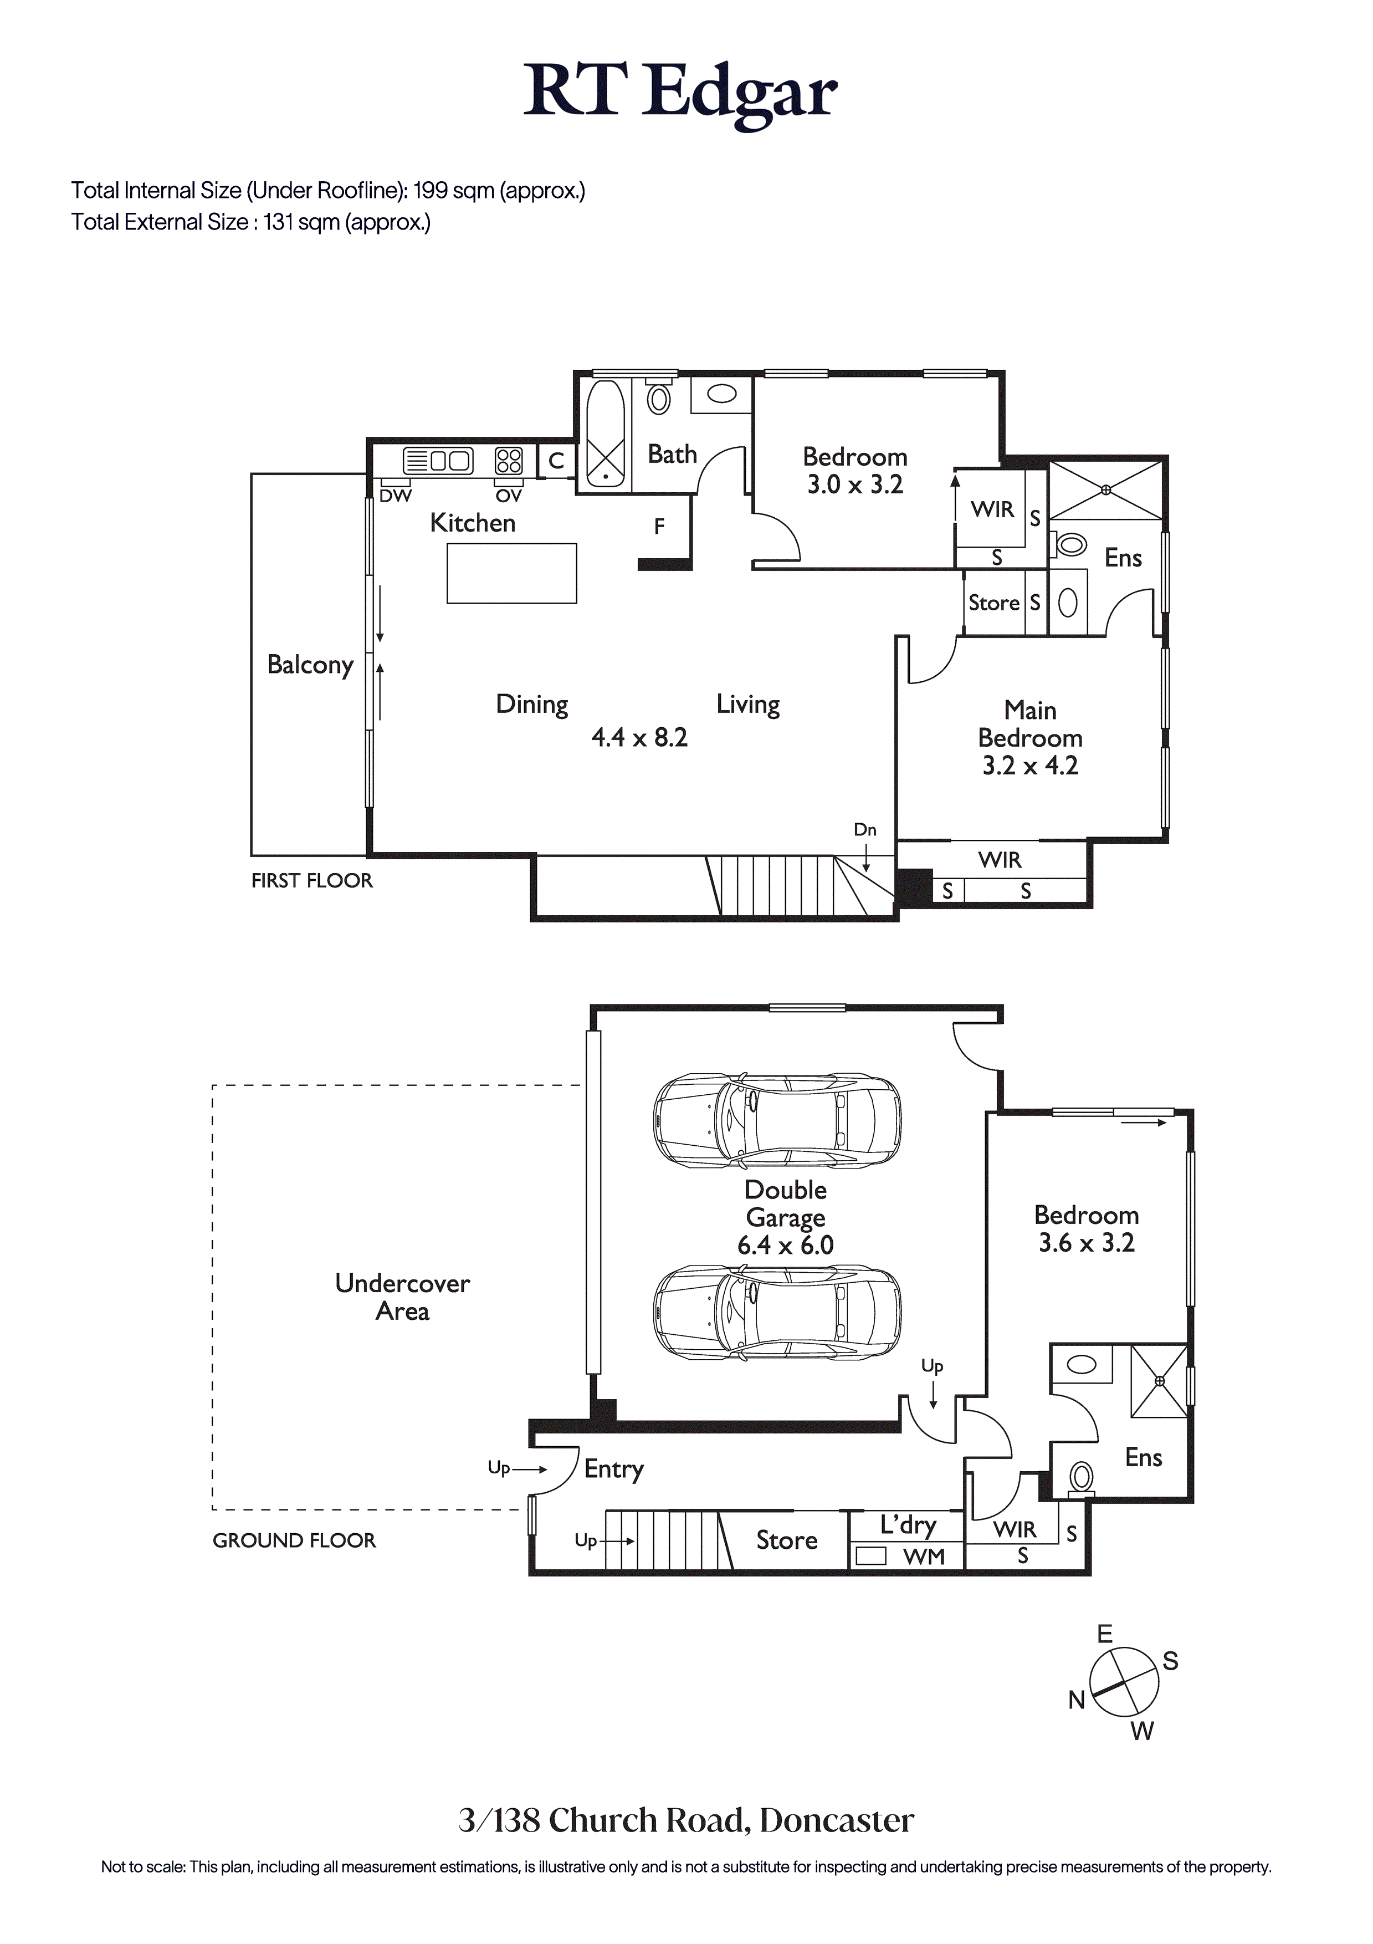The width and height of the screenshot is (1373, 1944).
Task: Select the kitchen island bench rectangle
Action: pos(511,573)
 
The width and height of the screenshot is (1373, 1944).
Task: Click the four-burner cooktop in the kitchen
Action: pos(509,461)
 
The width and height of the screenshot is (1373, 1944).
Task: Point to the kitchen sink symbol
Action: pos(438,461)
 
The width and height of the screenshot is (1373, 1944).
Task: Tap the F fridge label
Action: pos(659,527)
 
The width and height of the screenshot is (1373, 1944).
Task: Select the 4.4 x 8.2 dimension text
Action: pos(639,737)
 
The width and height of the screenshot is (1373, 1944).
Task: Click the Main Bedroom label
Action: pos(1030,724)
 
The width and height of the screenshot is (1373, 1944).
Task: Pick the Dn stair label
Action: pos(864,830)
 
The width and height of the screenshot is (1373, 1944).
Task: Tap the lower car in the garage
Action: pos(777,1313)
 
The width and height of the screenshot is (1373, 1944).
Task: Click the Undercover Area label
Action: pos(402,1297)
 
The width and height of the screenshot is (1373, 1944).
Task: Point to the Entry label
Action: pos(614,1469)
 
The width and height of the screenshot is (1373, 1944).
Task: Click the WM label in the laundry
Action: pos(924,1556)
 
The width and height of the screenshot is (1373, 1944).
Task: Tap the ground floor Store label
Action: pos(786,1540)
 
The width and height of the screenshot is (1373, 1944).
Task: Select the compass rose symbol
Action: pos(1123,1683)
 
